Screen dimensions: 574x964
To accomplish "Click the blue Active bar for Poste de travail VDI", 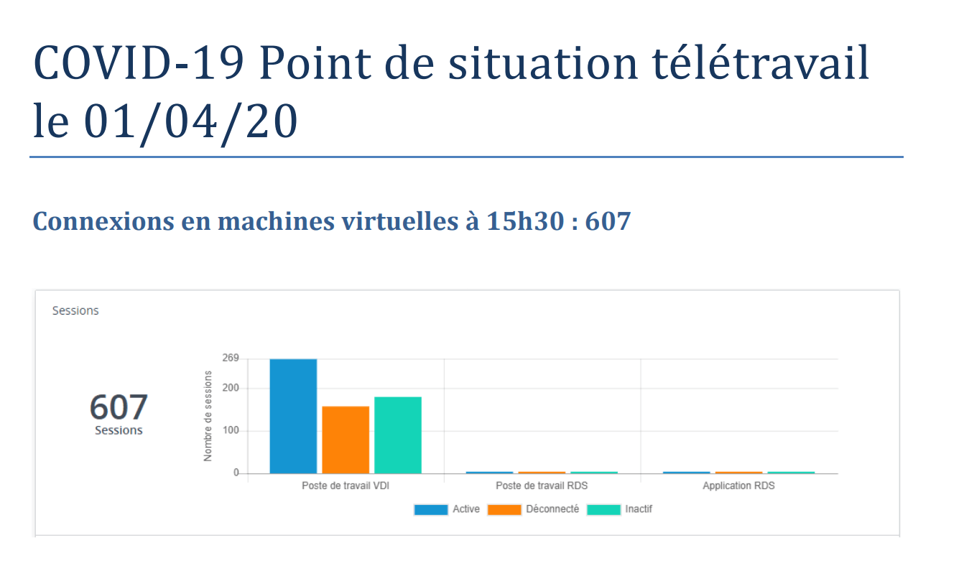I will (x=293, y=416).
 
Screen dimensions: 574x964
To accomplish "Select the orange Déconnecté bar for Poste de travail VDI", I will (x=346, y=440).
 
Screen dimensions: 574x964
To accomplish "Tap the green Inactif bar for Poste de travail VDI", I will (x=398, y=435).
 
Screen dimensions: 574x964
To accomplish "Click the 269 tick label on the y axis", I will (x=230, y=358).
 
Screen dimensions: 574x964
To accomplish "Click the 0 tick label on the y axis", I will (x=236, y=473).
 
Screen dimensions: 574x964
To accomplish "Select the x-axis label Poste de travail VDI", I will (x=346, y=486).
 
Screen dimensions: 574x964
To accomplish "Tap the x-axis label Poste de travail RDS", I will (x=542, y=486).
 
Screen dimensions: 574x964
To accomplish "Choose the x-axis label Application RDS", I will (x=738, y=486).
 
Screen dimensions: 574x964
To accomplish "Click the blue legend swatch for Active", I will (x=431, y=509).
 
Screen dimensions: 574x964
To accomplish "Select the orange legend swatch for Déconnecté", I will (x=504, y=509).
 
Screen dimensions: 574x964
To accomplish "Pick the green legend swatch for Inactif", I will (x=603, y=509).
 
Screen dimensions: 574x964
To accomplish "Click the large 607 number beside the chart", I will (x=119, y=407).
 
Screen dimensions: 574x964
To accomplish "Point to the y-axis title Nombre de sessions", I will (x=208, y=416).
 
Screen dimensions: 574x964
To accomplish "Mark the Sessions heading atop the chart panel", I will (x=75, y=311).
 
